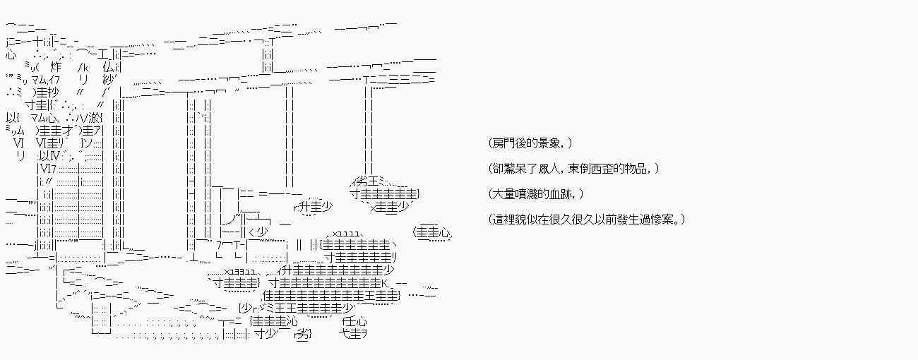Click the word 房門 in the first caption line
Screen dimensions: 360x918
pos(503,143)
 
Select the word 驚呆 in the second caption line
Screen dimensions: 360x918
pos(519,169)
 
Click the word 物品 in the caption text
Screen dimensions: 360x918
pos(638,169)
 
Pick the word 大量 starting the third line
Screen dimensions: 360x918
pos(503,194)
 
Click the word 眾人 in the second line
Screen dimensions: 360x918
pos(553,169)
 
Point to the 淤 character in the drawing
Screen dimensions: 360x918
pos(97,117)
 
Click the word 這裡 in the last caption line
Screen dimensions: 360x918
pos(503,220)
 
